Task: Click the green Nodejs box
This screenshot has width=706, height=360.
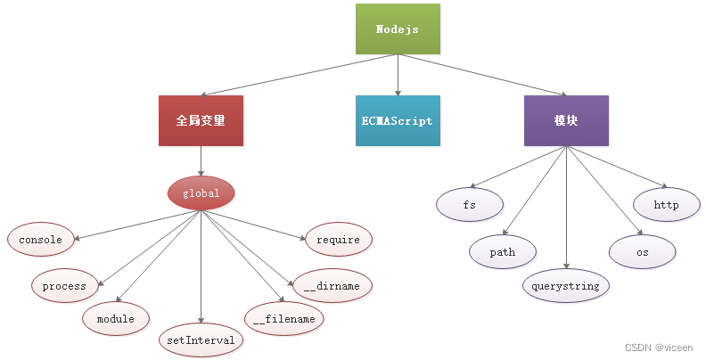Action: [x=397, y=29]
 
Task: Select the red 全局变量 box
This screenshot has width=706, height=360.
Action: [x=201, y=120]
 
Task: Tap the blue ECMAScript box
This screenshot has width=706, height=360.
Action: [x=397, y=120]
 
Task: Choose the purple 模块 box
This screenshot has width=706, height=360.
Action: [x=566, y=120]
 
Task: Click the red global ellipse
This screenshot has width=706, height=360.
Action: [x=201, y=192]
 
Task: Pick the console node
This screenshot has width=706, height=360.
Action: [x=41, y=239]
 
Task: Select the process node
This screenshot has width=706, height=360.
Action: [x=64, y=286]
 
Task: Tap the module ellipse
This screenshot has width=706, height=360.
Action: [x=115, y=318]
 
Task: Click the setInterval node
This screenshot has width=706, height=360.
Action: [x=201, y=340]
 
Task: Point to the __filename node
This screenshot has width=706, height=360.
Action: [x=283, y=318]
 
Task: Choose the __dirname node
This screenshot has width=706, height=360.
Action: [x=332, y=285]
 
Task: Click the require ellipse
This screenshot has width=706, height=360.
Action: [x=338, y=239]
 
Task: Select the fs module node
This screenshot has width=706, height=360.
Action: [x=470, y=204]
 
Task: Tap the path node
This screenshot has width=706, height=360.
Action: [x=503, y=252]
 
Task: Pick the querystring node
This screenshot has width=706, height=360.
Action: [x=566, y=286]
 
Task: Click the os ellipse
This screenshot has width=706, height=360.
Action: [x=642, y=252]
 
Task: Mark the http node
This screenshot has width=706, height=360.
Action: [x=666, y=204]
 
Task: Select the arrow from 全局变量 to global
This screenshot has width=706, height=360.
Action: [x=201, y=160]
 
